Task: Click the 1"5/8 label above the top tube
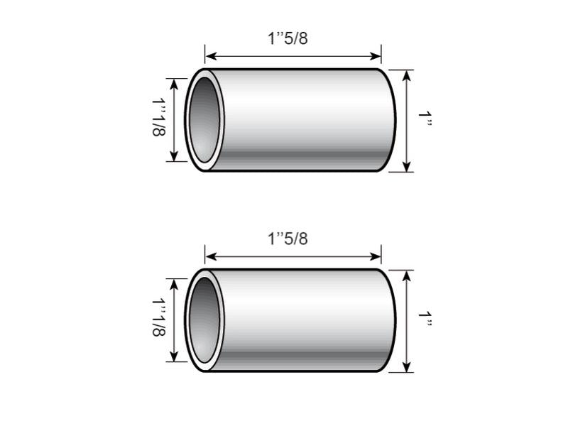[288, 38]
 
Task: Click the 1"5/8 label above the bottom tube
[288, 239]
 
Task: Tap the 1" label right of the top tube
[425, 120]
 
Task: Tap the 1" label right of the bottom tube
[425, 320]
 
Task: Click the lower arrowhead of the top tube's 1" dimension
[406, 167]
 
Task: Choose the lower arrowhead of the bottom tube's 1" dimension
[406, 367]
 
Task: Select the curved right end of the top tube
[392, 120]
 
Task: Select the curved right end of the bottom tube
[392, 320]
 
